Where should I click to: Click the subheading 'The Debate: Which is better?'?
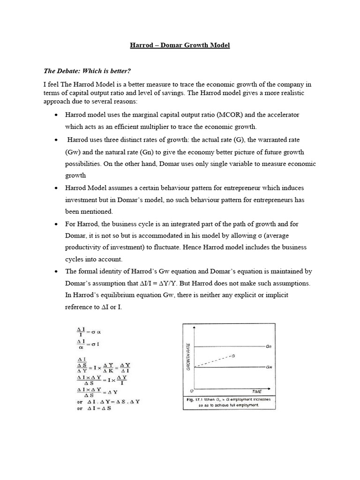click(x=87, y=71)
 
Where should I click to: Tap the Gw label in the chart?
click(x=269, y=367)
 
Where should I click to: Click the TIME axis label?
click(x=256, y=391)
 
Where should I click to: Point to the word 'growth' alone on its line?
click(x=75, y=175)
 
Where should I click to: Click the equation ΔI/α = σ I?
click(x=89, y=345)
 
